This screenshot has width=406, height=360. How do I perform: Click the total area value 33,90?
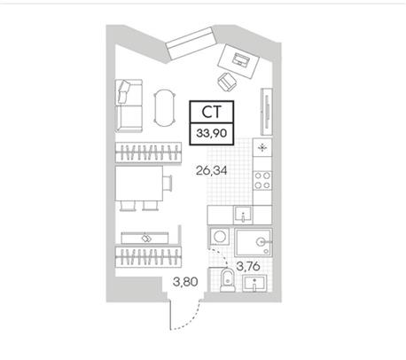click(212, 133)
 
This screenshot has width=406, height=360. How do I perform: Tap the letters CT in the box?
click(211, 112)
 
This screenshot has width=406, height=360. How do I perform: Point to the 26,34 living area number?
click(212, 170)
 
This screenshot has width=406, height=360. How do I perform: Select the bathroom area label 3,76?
click(248, 267)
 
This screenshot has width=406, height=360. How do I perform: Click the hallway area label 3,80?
click(185, 282)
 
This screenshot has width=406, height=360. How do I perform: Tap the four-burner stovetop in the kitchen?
click(262, 180)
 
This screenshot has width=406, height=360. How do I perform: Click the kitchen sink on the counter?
click(243, 215)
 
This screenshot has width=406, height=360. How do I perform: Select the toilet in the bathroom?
click(227, 279)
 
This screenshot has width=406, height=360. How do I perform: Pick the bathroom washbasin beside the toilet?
click(254, 283)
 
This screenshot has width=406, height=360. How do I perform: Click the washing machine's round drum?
click(220, 237)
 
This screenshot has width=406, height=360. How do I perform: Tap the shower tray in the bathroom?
click(254, 242)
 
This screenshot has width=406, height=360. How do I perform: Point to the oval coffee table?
click(165, 107)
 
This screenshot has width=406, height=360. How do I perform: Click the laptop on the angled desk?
click(240, 60)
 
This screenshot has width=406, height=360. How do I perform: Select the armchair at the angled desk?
click(227, 82)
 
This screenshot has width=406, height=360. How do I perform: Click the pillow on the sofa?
click(123, 91)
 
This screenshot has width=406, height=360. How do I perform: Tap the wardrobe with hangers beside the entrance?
click(148, 256)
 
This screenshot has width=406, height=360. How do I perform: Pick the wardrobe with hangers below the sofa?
click(148, 153)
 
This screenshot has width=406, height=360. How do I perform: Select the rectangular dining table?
click(139, 184)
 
